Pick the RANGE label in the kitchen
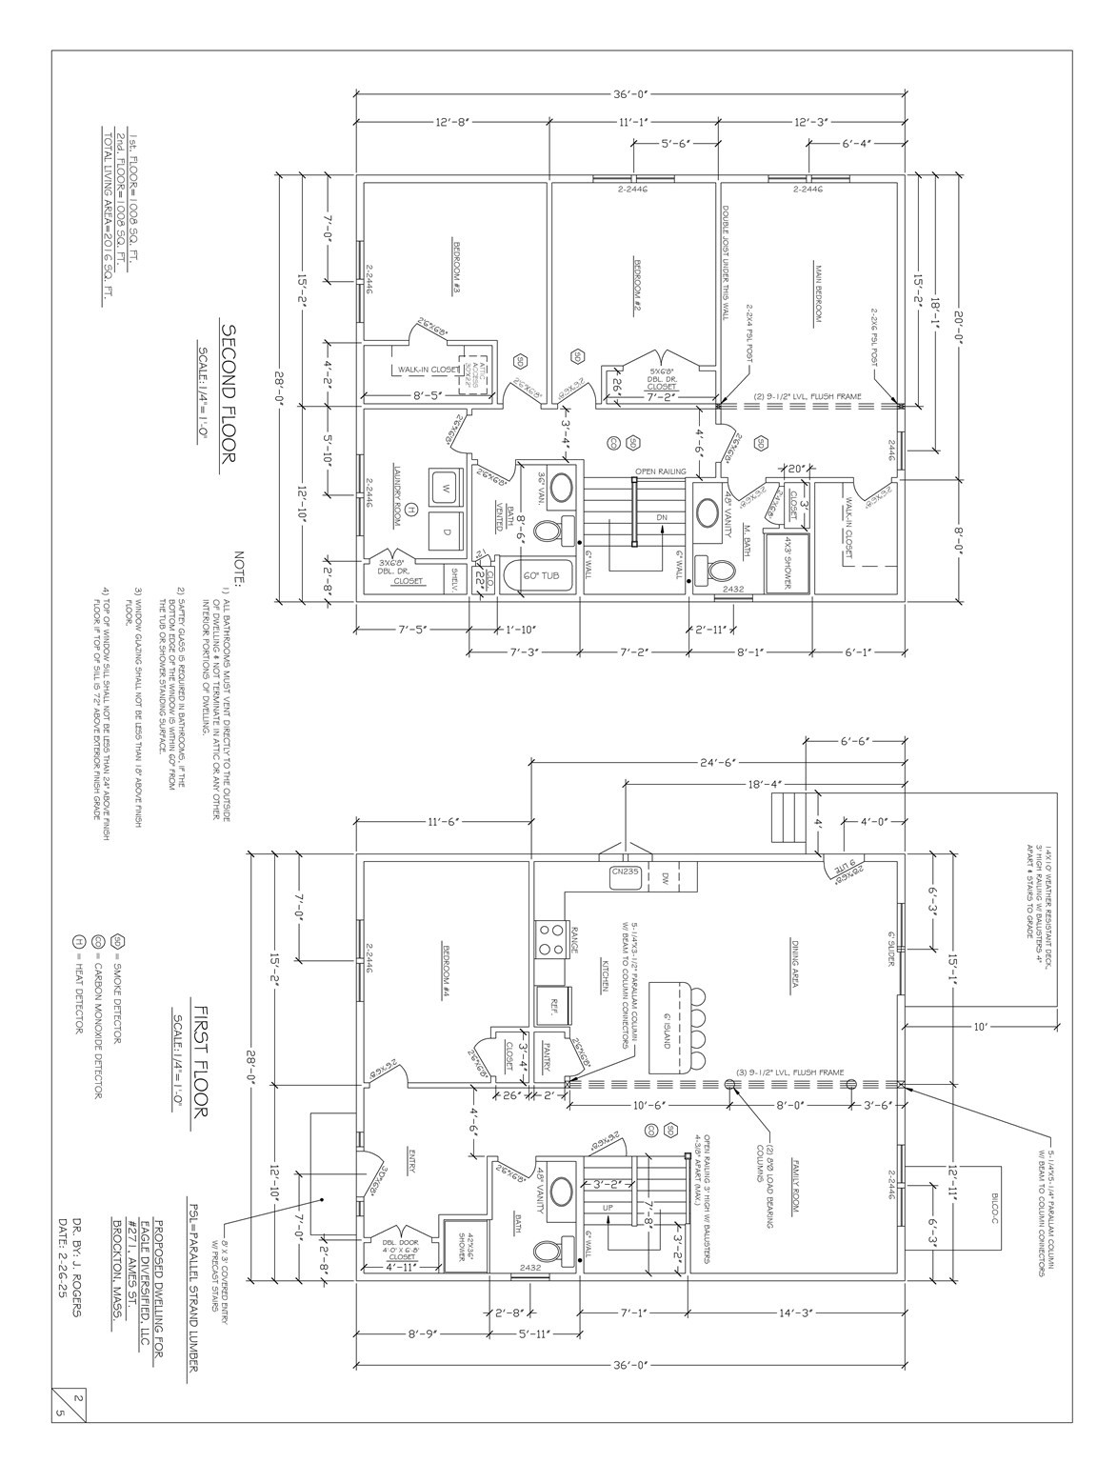point(573,936)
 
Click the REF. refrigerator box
point(553,1003)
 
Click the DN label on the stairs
point(661,518)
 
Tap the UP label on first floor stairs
point(608,1207)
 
